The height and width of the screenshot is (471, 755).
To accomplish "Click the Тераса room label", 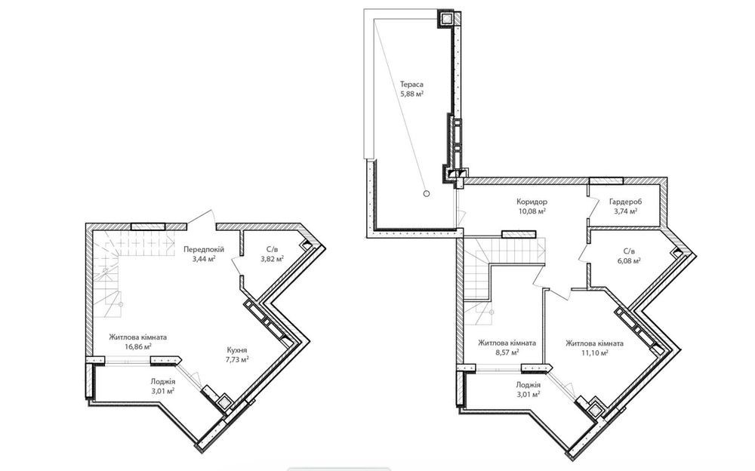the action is click(x=411, y=85).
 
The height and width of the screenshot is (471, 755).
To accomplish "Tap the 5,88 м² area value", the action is click(x=411, y=94).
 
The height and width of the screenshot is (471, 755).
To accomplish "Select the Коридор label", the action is click(x=532, y=202).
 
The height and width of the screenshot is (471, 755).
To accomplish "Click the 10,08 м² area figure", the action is click(x=532, y=211).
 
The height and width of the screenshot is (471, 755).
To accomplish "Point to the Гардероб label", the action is click(x=625, y=202).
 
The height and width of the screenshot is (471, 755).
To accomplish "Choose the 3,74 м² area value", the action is click(x=625, y=211).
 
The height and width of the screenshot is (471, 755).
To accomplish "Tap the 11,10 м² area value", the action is click(x=594, y=352).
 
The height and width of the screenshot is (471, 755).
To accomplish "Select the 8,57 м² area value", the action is click(x=507, y=352).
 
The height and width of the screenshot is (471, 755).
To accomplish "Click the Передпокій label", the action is click(x=204, y=249).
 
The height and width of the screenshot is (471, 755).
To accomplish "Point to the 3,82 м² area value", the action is click(x=272, y=259).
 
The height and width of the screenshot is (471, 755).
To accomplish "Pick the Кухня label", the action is click(x=237, y=350).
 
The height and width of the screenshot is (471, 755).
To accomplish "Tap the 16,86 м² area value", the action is click(x=137, y=346).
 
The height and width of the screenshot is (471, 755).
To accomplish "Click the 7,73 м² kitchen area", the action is click(x=237, y=359).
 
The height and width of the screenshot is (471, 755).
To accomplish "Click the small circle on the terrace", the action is click(x=426, y=193).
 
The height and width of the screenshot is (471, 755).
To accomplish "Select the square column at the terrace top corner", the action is click(x=446, y=18).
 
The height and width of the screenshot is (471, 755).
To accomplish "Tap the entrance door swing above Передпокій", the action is click(x=202, y=217).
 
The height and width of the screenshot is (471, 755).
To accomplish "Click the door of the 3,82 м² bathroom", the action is click(x=237, y=264).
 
